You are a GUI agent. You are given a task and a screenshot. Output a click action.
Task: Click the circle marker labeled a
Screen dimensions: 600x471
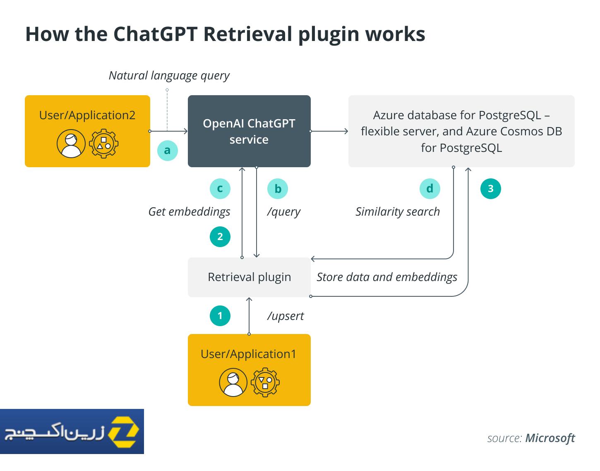click(x=167, y=151)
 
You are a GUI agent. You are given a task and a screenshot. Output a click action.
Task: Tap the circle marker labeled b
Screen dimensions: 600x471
click(x=278, y=189)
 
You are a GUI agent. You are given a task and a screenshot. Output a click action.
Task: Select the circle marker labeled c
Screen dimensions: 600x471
click(x=220, y=189)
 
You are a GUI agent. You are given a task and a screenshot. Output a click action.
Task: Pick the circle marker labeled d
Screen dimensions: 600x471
click(x=430, y=189)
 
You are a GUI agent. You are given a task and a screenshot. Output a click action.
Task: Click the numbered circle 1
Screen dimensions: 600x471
click(x=220, y=315)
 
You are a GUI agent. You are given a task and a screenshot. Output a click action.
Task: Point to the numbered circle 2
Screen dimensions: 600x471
click(x=220, y=237)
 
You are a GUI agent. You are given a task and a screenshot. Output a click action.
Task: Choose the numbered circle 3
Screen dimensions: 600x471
click(x=491, y=189)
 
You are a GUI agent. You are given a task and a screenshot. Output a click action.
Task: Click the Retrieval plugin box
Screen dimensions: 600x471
click(x=249, y=277)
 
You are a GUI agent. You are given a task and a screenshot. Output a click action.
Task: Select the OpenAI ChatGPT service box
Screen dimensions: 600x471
click(x=249, y=131)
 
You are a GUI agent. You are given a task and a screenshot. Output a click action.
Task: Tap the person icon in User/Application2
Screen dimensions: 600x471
click(x=71, y=144)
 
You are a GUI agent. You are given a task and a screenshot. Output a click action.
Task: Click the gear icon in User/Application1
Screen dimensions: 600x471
click(x=265, y=382)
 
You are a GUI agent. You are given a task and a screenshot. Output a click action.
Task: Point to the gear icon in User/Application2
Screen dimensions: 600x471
click(x=103, y=144)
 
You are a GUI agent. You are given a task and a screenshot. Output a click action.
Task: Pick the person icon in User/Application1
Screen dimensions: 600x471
click(x=233, y=382)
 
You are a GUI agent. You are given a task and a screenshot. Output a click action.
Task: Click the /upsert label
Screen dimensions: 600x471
click(x=285, y=316)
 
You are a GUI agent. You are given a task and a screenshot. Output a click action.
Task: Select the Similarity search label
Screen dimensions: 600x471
click(x=397, y=212)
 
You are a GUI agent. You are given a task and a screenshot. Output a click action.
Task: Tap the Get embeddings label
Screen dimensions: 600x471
click(x=189, y=212)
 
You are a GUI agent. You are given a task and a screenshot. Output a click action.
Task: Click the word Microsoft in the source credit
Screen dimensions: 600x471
click(x=550, y=438)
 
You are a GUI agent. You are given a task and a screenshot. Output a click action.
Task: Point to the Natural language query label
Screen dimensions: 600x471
click(x=169, y=76)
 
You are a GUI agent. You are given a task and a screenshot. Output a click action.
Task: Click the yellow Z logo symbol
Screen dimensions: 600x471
click(x=123, y=432)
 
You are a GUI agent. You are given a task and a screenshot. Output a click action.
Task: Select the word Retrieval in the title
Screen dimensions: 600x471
click(x=248, y=34)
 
